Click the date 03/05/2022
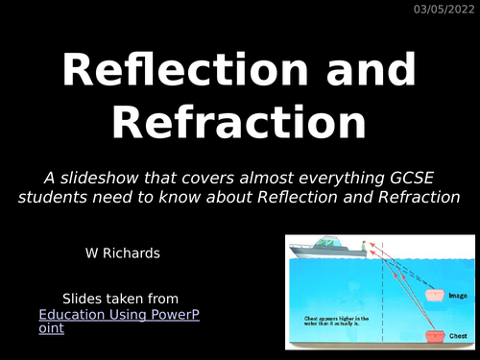443,10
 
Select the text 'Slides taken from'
120,299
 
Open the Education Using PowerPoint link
120,321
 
